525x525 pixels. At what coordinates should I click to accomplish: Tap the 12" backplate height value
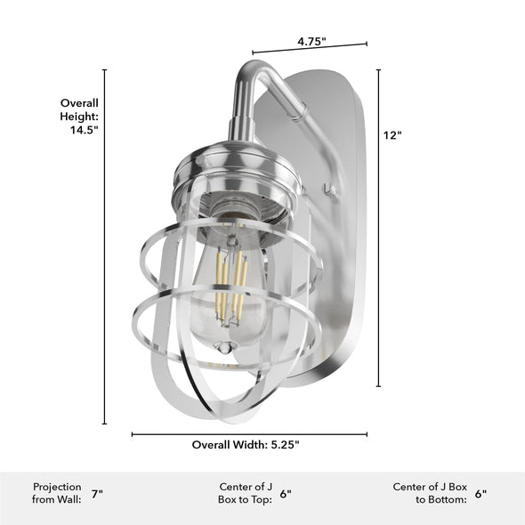tap(392, 135)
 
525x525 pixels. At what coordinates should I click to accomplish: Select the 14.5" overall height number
tap(84, 129)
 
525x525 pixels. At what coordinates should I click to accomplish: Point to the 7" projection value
tap(96, 494)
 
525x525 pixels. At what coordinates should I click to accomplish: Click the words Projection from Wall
tap(57, 493)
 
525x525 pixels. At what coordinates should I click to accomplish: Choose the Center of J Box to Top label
tap(246, 493)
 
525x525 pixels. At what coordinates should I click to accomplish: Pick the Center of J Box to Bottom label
tap(430, 493)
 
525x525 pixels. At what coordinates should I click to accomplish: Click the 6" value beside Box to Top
tap(286, 494)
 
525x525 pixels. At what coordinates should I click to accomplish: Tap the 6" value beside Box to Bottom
tap(481, 494)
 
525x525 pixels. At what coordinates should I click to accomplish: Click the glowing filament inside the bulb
tap(230, 285)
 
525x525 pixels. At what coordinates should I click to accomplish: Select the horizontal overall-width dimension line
tap(249, 434)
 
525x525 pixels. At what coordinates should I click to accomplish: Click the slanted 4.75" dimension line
tap(310, 49)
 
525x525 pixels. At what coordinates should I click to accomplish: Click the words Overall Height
tap(79, 109)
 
